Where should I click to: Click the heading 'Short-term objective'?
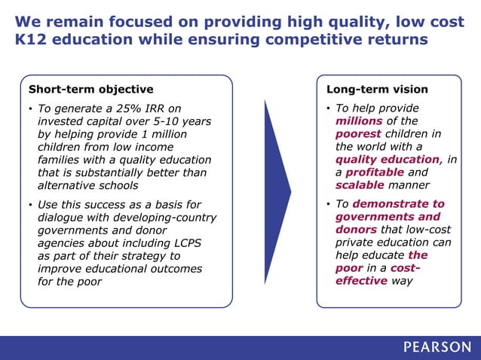pyautogui.click(x=90, y=89)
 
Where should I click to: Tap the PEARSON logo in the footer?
pyautogui.click(x=437, y=347)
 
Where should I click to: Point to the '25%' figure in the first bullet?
pyautogui.click(x=118, y=108)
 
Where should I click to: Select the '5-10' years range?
pyautogui.click(x=166, y=121)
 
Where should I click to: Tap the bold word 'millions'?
pyautogui.click(x=359, y=121)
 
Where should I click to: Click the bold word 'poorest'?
pyautogui.click(x=359, y=134)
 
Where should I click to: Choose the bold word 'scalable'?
pyautogui.click(x=360, y=185)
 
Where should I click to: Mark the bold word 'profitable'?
pyautogui.click(x=370, y=172)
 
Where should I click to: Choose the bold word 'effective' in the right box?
pyautogui.click(x=361, y=281)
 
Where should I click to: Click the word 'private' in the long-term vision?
pyautogui.click(x=354, y=243)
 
